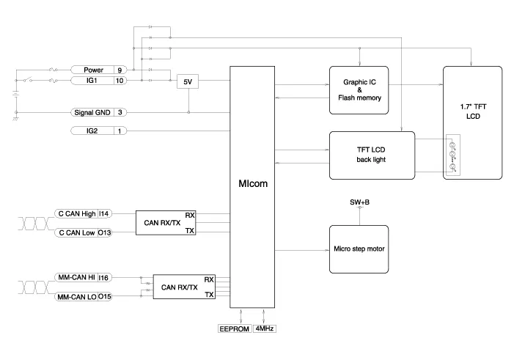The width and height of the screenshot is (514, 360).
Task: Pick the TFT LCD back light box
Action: point(372,154)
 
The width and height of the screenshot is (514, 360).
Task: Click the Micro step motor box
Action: point(359,249)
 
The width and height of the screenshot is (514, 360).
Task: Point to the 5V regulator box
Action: point(188,82)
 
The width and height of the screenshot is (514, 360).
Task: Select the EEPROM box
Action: point(234,329)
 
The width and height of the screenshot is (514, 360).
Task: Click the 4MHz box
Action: point(265,329)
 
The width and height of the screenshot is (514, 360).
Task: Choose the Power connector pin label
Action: point(93,70)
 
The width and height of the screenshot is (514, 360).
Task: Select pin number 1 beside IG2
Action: point(120,131)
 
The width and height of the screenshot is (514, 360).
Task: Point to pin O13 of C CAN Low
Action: point(105,232)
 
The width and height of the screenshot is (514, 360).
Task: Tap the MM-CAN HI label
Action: point(76,278)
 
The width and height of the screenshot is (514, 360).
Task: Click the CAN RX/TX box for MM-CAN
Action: point(183,287)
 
